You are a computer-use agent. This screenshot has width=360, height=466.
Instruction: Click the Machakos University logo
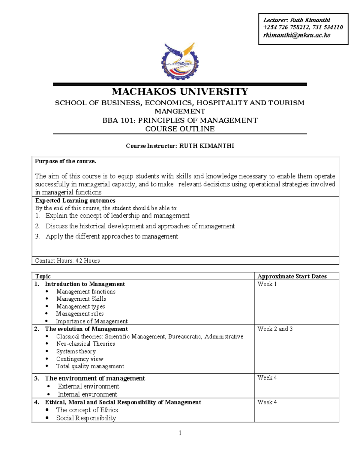(180, 61)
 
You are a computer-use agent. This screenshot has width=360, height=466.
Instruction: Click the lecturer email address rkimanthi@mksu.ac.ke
(297, 35)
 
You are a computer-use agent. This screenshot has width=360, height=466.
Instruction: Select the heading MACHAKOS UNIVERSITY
(180, 92)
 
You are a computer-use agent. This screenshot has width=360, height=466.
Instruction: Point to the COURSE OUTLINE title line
(180, 129)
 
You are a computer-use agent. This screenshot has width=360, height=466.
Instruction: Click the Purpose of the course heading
(65, 161)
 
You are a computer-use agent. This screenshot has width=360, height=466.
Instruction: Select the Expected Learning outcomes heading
(75, 200)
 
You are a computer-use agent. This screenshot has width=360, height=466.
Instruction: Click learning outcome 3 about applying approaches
(112, 236)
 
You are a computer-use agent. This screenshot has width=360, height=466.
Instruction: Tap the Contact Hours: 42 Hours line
(67, 261)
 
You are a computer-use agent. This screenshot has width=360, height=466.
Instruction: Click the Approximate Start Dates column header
(292, 276)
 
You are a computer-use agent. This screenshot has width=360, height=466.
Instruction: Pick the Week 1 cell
(267, 284)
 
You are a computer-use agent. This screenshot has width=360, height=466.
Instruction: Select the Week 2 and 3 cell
(275, 329)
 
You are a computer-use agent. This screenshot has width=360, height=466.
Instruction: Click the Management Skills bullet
(81, 299)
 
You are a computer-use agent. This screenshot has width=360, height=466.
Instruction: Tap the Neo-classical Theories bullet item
(85, 344)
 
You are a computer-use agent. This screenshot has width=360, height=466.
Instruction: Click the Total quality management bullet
(90, 366)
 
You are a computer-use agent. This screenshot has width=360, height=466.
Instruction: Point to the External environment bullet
(88, 386)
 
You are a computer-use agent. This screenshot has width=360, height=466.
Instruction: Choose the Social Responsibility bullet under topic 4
(86, 418)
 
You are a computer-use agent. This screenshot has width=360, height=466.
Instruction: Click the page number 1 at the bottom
(180, 433)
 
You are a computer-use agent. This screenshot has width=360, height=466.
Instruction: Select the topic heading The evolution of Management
(86, 329)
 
